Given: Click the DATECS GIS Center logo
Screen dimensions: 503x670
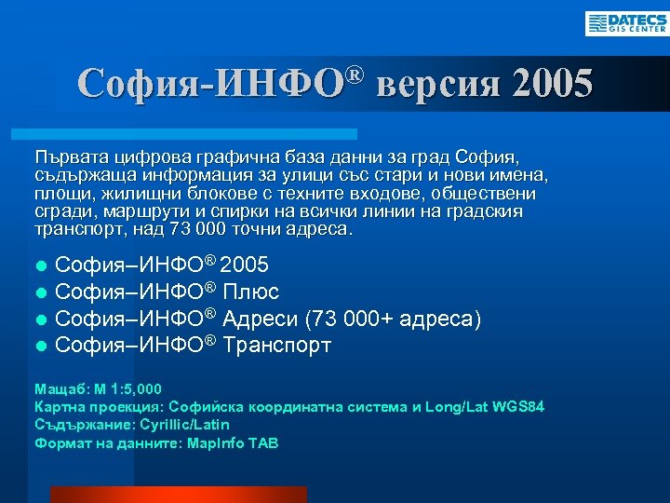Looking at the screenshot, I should [x=626, y=23].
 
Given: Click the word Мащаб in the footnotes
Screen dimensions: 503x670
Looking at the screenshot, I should [x=57, y=389].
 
